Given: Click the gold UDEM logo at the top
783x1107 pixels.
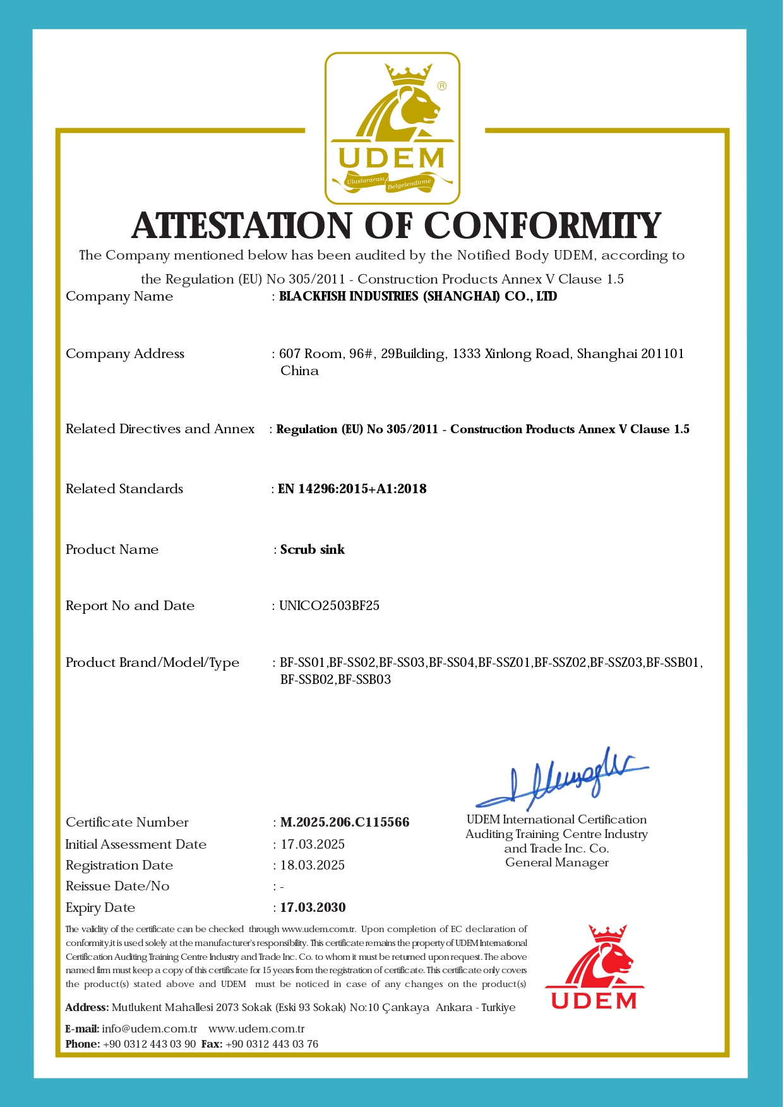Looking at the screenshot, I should point(392,128).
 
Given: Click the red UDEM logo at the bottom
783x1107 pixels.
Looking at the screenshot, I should point(594,967).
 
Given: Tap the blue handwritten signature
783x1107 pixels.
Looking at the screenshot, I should point(562,780).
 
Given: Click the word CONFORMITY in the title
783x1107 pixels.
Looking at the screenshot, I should point(542,225).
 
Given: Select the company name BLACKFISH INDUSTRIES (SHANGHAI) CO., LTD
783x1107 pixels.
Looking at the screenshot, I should point(418,296).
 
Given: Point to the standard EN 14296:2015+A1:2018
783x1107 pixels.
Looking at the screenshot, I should point(352,489).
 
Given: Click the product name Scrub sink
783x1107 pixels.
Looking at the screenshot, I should point(313,549).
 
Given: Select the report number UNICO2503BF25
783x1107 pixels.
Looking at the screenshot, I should point(330,606).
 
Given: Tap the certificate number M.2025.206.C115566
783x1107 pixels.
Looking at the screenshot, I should point(345,822).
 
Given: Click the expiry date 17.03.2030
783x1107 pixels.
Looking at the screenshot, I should point(313,907).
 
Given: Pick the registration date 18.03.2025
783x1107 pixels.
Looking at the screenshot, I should point(313,865).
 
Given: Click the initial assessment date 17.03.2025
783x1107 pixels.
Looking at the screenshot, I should point(313,844).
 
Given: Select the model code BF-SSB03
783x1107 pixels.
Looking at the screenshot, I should point(364,680).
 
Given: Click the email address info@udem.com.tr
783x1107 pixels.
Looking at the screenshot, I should point(150,1029).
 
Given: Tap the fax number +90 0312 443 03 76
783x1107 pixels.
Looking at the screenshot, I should point(272,1044).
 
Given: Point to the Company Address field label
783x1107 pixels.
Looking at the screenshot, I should point(125,354).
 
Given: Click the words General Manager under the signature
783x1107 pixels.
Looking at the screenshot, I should point(557,863).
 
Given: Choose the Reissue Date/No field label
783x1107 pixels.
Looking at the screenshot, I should point(117,886).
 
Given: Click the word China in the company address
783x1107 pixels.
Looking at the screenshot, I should point(299,371).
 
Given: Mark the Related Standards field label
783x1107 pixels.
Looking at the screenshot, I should point(124,489).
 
